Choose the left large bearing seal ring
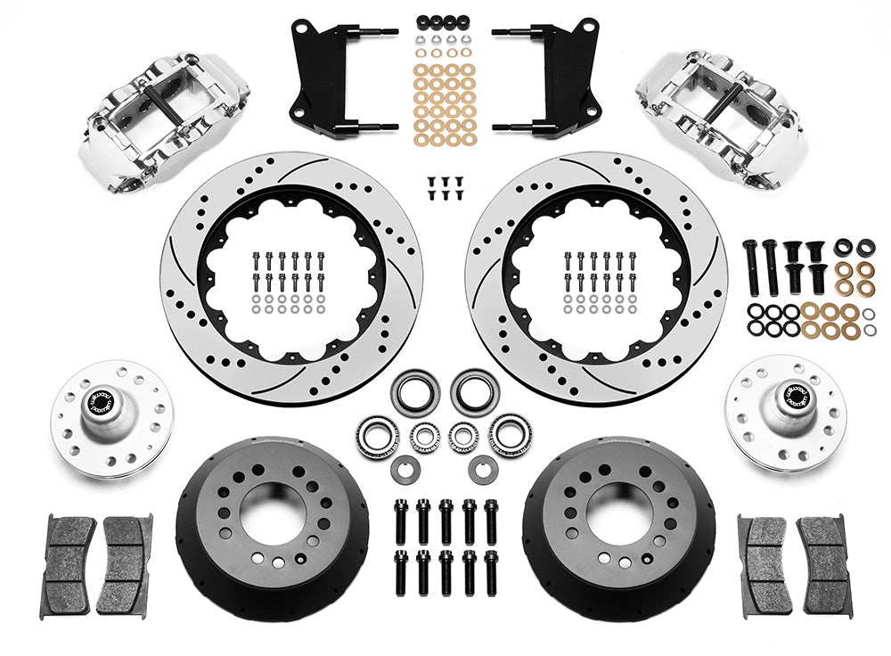click(415, 391)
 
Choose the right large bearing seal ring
click(474, 391)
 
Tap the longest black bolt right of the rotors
click(752, 266)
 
